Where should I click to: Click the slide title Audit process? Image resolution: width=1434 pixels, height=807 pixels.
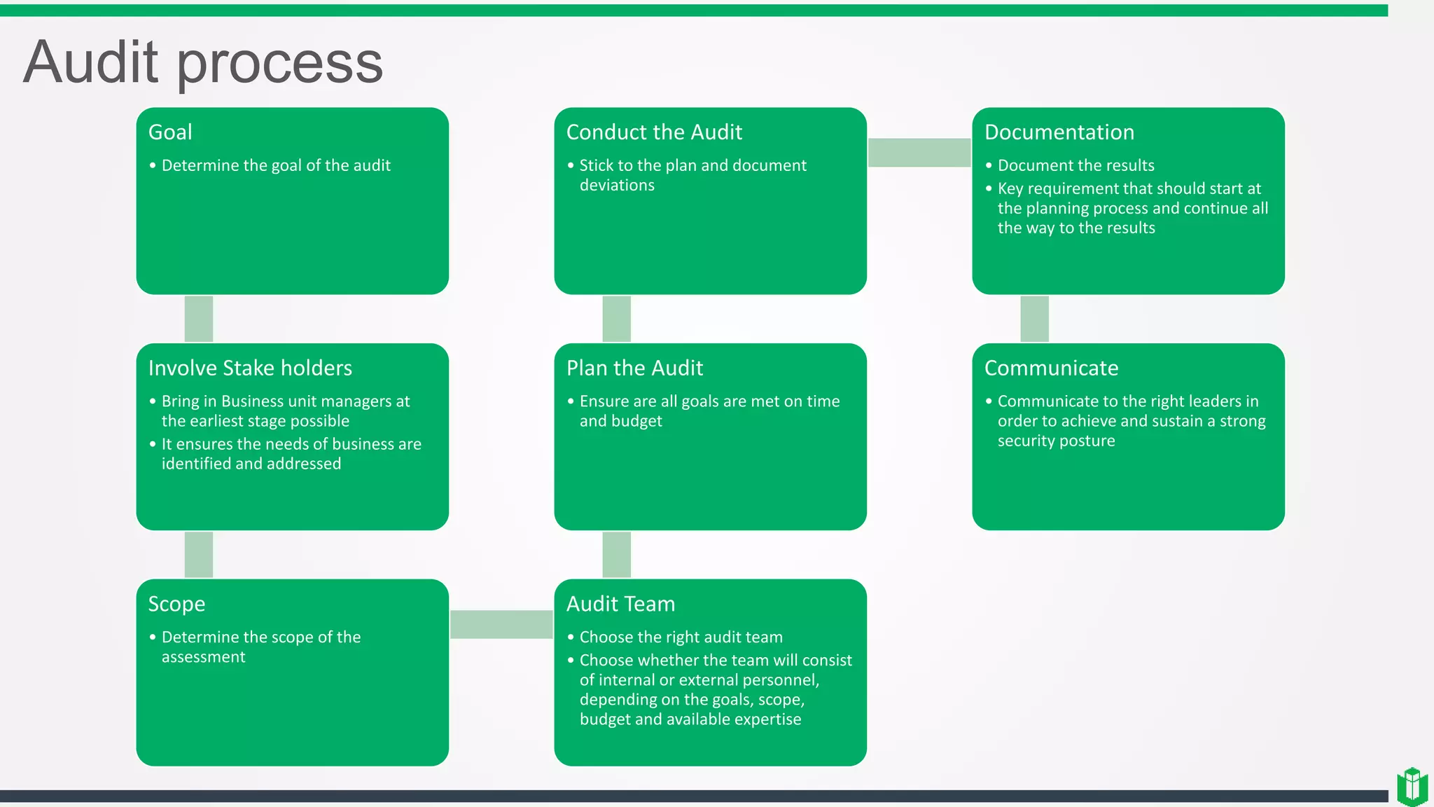coord(203,63)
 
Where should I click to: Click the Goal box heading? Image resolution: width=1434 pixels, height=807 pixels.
coord(170,132)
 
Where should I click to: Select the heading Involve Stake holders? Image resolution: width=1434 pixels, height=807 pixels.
coord(250,368)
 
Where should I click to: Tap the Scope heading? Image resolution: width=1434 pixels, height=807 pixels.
coord(176,605)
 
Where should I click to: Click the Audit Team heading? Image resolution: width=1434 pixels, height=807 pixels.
coord(620,605)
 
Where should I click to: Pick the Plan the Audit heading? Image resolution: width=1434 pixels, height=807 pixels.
coord(634,368)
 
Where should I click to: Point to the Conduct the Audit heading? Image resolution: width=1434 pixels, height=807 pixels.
coord(654,132)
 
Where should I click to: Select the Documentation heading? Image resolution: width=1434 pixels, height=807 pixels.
coord(1059,132)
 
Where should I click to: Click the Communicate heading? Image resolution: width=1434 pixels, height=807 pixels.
coord(1051,368)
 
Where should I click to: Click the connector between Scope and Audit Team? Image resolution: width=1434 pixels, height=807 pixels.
coord(501,624)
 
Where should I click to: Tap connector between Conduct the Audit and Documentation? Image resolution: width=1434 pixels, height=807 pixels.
coord(919,153)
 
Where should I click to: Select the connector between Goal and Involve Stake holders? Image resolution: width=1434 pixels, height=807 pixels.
coord(199,319)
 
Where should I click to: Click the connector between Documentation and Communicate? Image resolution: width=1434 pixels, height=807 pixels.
coord(1034,319)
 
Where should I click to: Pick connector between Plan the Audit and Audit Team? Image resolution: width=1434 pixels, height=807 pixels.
coord(616,555)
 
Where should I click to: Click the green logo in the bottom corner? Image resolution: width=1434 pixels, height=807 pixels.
coord(1412,786)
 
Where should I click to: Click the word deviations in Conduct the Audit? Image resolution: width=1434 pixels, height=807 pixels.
coord(617,186)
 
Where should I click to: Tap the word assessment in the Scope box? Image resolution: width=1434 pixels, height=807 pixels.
coord(203,657)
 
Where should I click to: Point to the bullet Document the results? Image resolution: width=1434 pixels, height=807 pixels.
coord(1075,166)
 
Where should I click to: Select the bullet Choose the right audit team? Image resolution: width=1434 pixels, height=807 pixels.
coord(681,637)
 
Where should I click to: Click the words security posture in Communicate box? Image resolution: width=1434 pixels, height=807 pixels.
coord(1056,441)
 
